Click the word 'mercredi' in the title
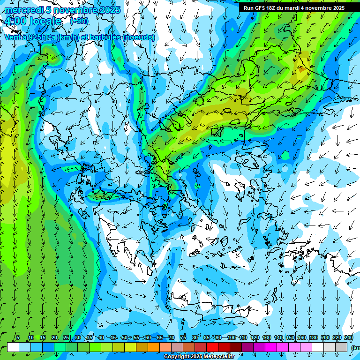[x=23, y=10]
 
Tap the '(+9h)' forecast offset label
[x=78, y=21]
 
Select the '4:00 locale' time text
[x=33, y=21]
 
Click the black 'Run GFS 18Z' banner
[x=294, y=8]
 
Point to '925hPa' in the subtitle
[x=47, y=37]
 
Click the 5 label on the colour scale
[x=17, y=338]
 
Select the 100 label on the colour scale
[x=231, y=338]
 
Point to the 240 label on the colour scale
[x=348, y=338]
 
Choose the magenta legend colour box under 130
[x=260, y=347]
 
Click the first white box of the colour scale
[x=13, y=347]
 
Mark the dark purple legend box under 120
[x=248, y=347]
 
